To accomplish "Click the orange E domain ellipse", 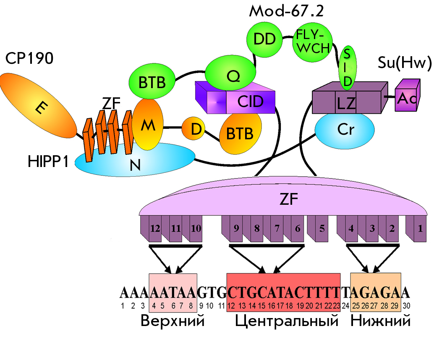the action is coord(38,105).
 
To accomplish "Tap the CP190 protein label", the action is coord(29,58).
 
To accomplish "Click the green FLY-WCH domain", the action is coord(313,42).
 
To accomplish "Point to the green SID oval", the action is coord(348,68).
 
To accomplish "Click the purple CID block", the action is coord(235,98).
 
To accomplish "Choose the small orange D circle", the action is coord(193,128).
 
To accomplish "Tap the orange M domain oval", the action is coord(147,125).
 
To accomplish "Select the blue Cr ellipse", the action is coord(345,130).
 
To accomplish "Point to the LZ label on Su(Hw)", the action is coord(346,104).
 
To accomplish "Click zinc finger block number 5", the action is coord(318,229).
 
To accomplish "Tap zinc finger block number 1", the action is coord(416,229).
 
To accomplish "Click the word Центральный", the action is coord(287,321).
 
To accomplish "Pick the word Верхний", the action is coord(173,321).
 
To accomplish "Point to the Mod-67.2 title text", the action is coord(287,11).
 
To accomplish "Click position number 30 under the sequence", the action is coord(406,306).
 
